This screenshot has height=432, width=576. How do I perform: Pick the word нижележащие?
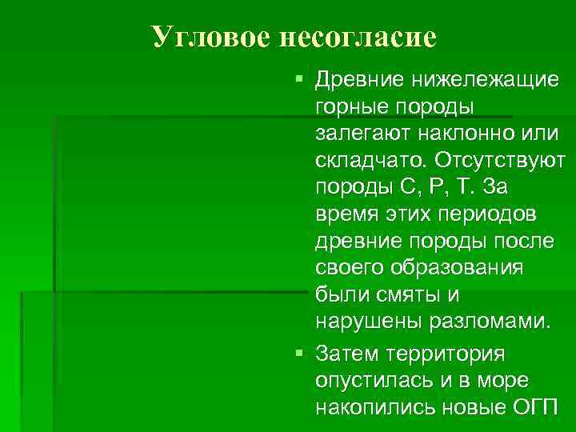click(485, 80)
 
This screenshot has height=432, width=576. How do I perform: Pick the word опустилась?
click(370, 379)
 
